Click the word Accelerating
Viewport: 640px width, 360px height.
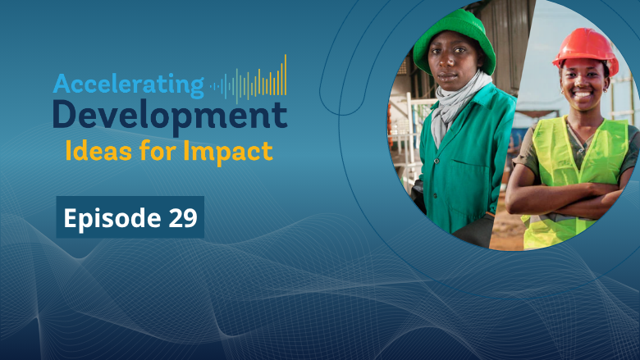click(x=128, y=84)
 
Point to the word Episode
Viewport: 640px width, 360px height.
click(x=104, y=218)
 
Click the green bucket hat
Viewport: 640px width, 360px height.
click(x=455, y=37)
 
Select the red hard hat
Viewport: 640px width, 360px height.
click(x=585, y=48)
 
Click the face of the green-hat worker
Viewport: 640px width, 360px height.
click(x=457, y=64)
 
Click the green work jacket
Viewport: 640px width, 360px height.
click(x=459, y=164)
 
